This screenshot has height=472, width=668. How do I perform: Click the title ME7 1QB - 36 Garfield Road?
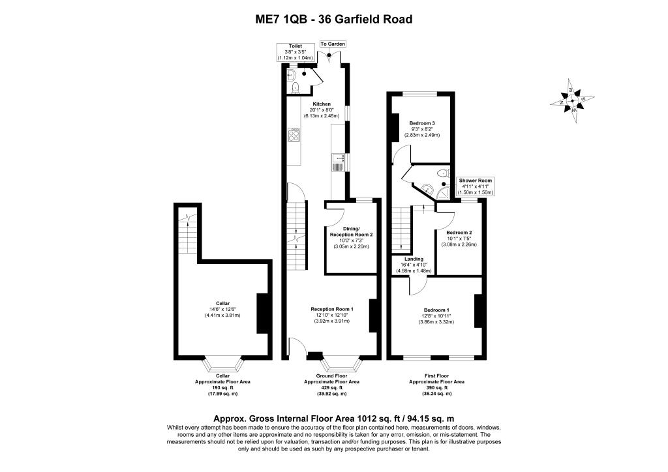(333, 19)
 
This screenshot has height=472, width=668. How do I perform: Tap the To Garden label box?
(333, 44)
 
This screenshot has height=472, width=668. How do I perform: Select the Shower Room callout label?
(476, 186)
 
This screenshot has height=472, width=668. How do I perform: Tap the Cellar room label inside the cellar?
(219, 309)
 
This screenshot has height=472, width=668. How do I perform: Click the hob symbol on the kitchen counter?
(294, 135)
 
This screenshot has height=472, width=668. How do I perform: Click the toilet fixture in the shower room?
(444, 173)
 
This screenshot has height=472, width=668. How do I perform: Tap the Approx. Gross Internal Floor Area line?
(333, 419)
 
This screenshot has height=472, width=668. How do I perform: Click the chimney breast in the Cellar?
(264, 313)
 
